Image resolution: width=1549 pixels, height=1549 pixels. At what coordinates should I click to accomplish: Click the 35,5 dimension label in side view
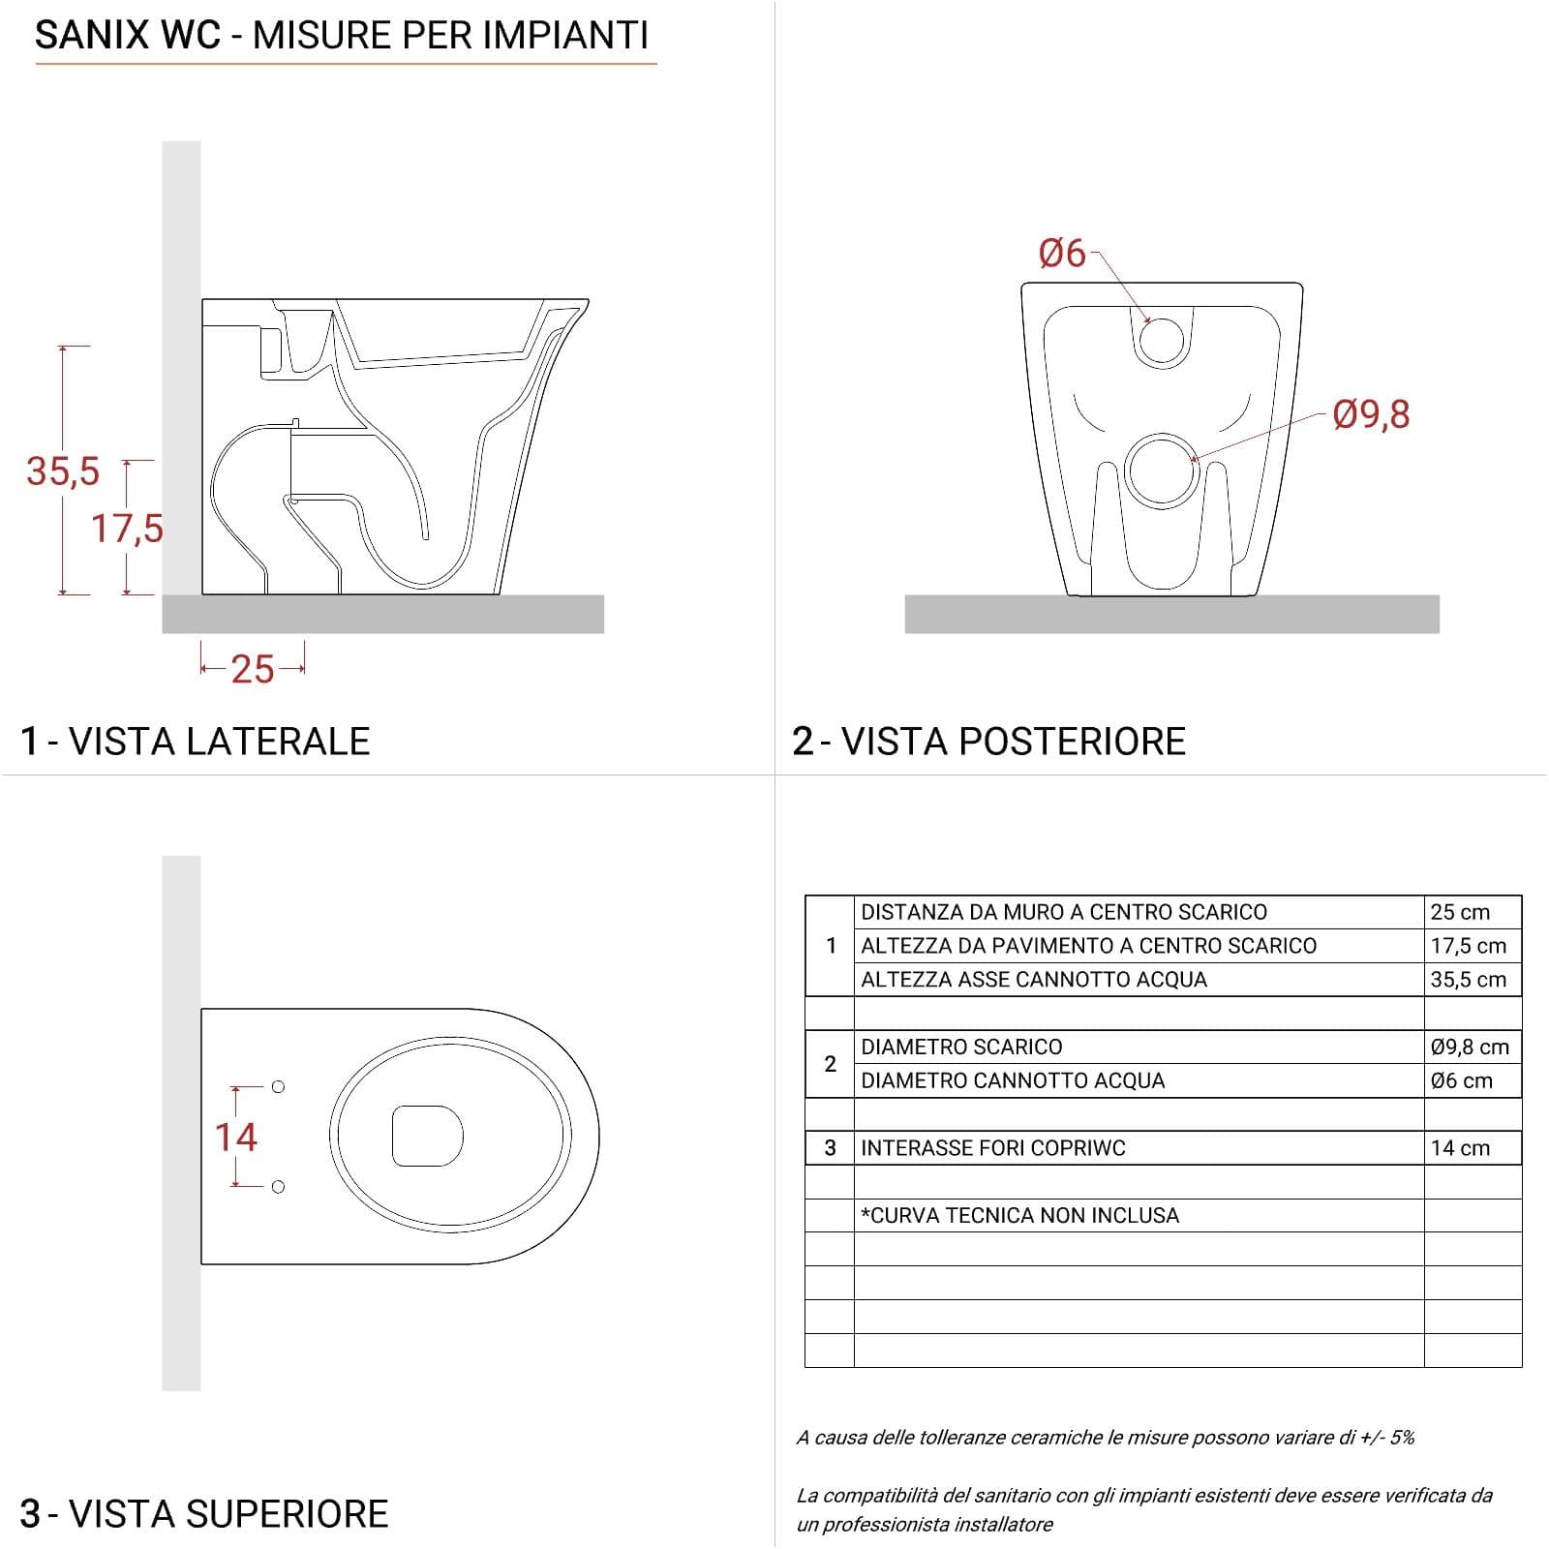tap(63, 471)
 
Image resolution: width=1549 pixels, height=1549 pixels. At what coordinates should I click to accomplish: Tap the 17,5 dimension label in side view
tap(127, 529)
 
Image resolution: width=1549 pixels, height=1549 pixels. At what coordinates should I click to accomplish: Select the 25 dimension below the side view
tap(253, 669)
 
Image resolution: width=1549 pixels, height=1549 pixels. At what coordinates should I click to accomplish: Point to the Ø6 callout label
tap(1062, 254)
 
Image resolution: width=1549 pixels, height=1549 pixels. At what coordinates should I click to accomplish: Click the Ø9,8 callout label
tap(1371, 414)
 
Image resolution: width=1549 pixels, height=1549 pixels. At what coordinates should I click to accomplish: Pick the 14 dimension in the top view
tap(236, 1137)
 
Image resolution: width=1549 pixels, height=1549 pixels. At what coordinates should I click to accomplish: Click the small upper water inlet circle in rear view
tap(1161, 341)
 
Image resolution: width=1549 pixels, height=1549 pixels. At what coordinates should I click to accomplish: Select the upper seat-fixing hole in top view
tap(278, 1087)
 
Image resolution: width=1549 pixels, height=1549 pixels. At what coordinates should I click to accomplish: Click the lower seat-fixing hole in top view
tap(278, 1187)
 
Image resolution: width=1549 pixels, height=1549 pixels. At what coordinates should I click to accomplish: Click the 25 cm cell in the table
tap(1460, 912)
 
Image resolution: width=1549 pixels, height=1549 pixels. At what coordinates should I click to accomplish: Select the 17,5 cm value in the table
tap(1469, 946)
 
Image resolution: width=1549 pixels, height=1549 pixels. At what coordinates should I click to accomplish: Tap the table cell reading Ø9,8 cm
tap(1470, 1047)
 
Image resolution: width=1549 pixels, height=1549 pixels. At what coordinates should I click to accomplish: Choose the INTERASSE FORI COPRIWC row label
tap(993, 1148)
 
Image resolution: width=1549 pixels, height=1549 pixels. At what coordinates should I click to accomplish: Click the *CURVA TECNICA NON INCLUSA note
tap(1019, 1215)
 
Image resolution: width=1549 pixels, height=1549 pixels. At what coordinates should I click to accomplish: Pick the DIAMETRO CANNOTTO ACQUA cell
tap(1013, 1080)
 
